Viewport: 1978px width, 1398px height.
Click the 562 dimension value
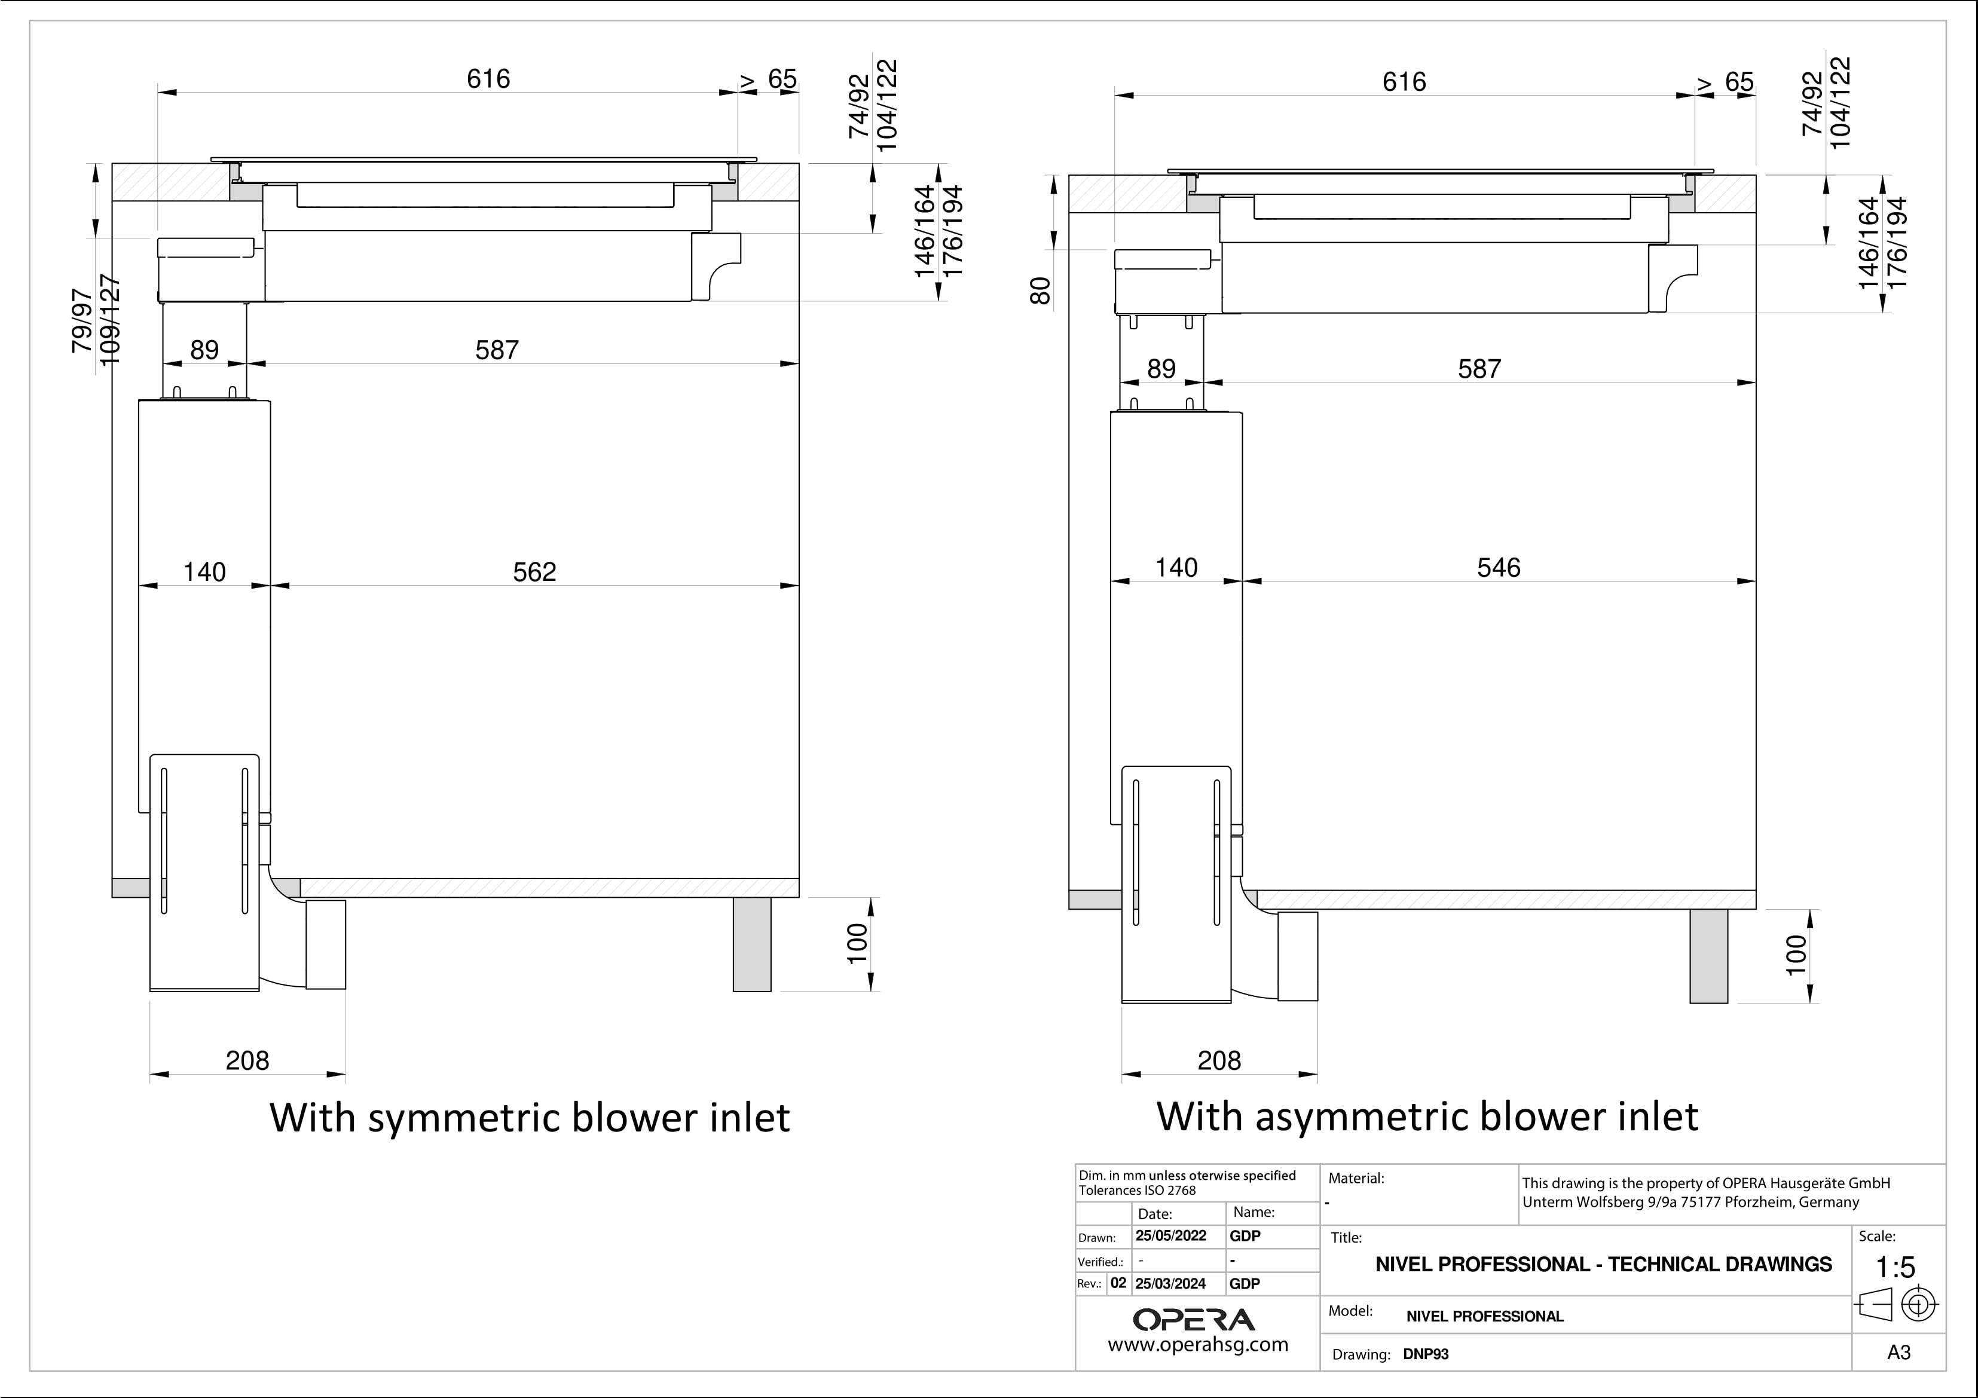click(x=534, y=572)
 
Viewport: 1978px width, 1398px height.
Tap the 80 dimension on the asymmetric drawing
click(x=1041, y=291)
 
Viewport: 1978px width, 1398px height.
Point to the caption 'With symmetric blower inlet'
click(x=529, y=1117)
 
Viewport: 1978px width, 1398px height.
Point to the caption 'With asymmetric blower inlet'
click(x=1427, y=1116)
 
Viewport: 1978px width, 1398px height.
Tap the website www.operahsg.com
click(x=1197, y=1345)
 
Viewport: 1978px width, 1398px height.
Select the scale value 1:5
click(x=1896, y=1267)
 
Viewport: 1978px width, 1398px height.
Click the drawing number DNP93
click(x=1426, y=1354)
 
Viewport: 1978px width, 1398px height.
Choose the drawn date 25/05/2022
click(x=1171, y=1236)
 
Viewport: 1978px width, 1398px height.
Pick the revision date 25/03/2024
click(x=1171, y=1283)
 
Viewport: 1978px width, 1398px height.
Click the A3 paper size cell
click(x=1898, y=1353)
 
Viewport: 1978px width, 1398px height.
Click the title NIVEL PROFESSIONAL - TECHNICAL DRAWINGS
click(x=1603, y=1265)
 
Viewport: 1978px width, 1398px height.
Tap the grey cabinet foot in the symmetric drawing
click(x=752, y=944)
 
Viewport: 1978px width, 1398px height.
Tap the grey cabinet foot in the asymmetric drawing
click(x=1708, y=956)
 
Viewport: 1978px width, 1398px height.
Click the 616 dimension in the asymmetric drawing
click(x=1404, y=82)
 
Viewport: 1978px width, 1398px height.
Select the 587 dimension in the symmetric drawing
click(x=497, y=351)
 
